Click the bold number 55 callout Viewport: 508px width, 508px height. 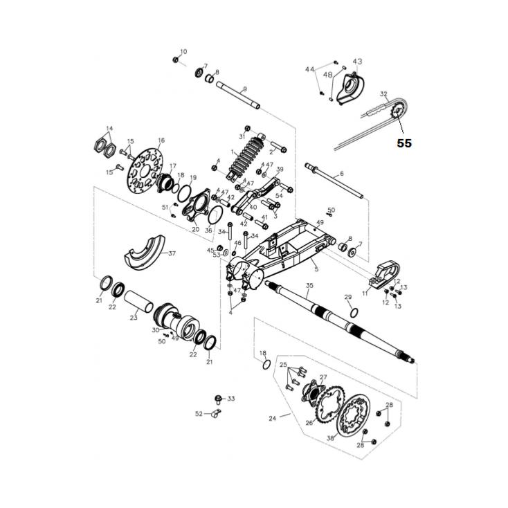pos(404,143)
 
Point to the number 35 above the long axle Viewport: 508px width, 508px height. pos(309,285)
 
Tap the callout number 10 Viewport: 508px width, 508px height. pos(183,52)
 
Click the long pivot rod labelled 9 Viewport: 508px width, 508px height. pos(238,95)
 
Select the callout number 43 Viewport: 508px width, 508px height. pos(357,62)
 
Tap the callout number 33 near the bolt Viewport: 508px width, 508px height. pos(231,399)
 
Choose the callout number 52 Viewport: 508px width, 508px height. pos(199,414)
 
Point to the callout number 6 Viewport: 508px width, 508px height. pos(341,173)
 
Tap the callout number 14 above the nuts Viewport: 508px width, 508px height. pos(109,129)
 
